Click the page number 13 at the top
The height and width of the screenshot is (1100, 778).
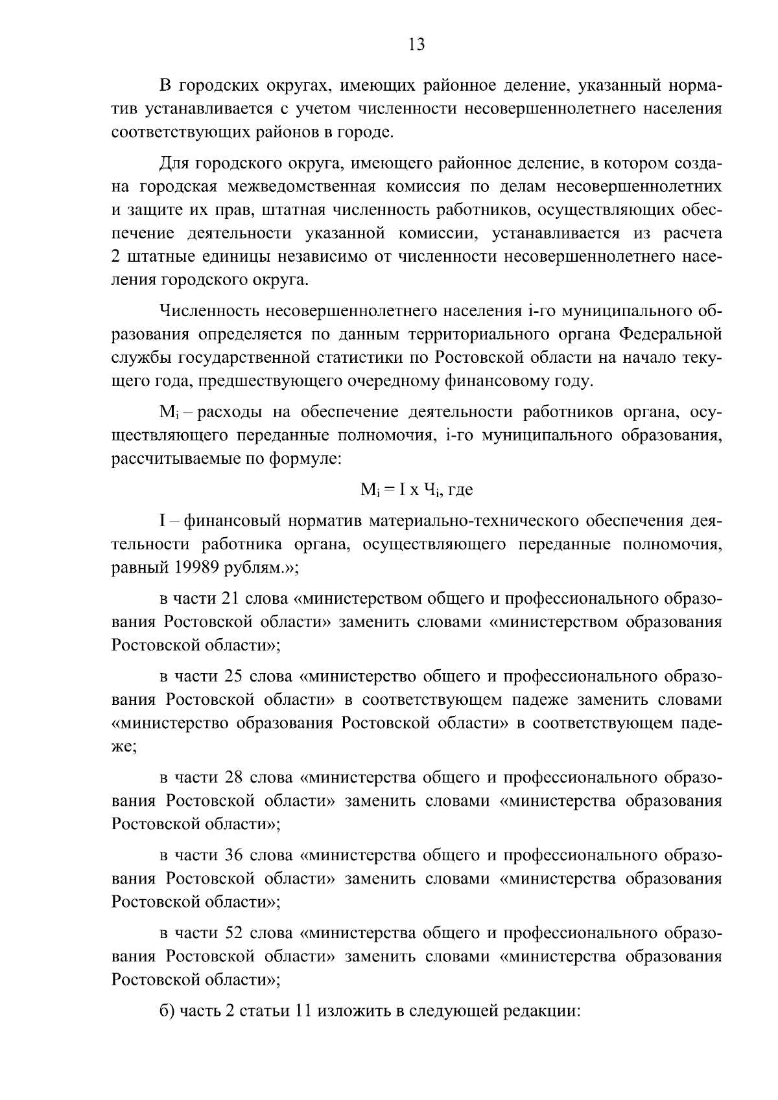416,45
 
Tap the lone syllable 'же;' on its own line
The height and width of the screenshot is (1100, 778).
123,746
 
